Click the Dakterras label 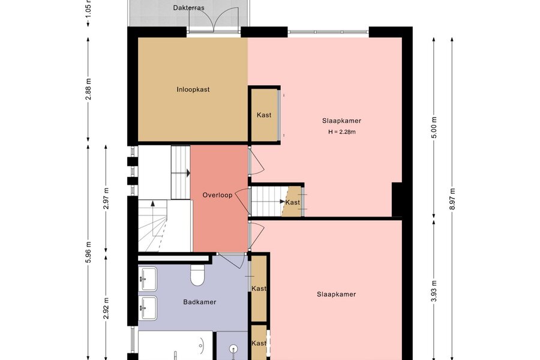[189, 8]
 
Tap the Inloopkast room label [193, 89]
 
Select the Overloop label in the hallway [217, 195]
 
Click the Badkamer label [200, 302]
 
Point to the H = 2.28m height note [342, 131]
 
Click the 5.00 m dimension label [434, 127]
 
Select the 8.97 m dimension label [452, 199]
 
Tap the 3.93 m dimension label [434, 291]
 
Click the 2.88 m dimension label [89, 89]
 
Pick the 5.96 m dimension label [89, 252]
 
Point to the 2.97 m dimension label [106, 199]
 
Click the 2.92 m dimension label [106, 308]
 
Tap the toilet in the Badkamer [197, 275]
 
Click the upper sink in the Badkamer [148, 278]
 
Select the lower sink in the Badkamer [148, 308]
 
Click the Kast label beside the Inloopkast [264, 115]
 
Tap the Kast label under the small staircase [293, 203]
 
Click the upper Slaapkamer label [341, 121]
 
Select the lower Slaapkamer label [337, 295]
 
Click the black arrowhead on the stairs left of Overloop [188, 173]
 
